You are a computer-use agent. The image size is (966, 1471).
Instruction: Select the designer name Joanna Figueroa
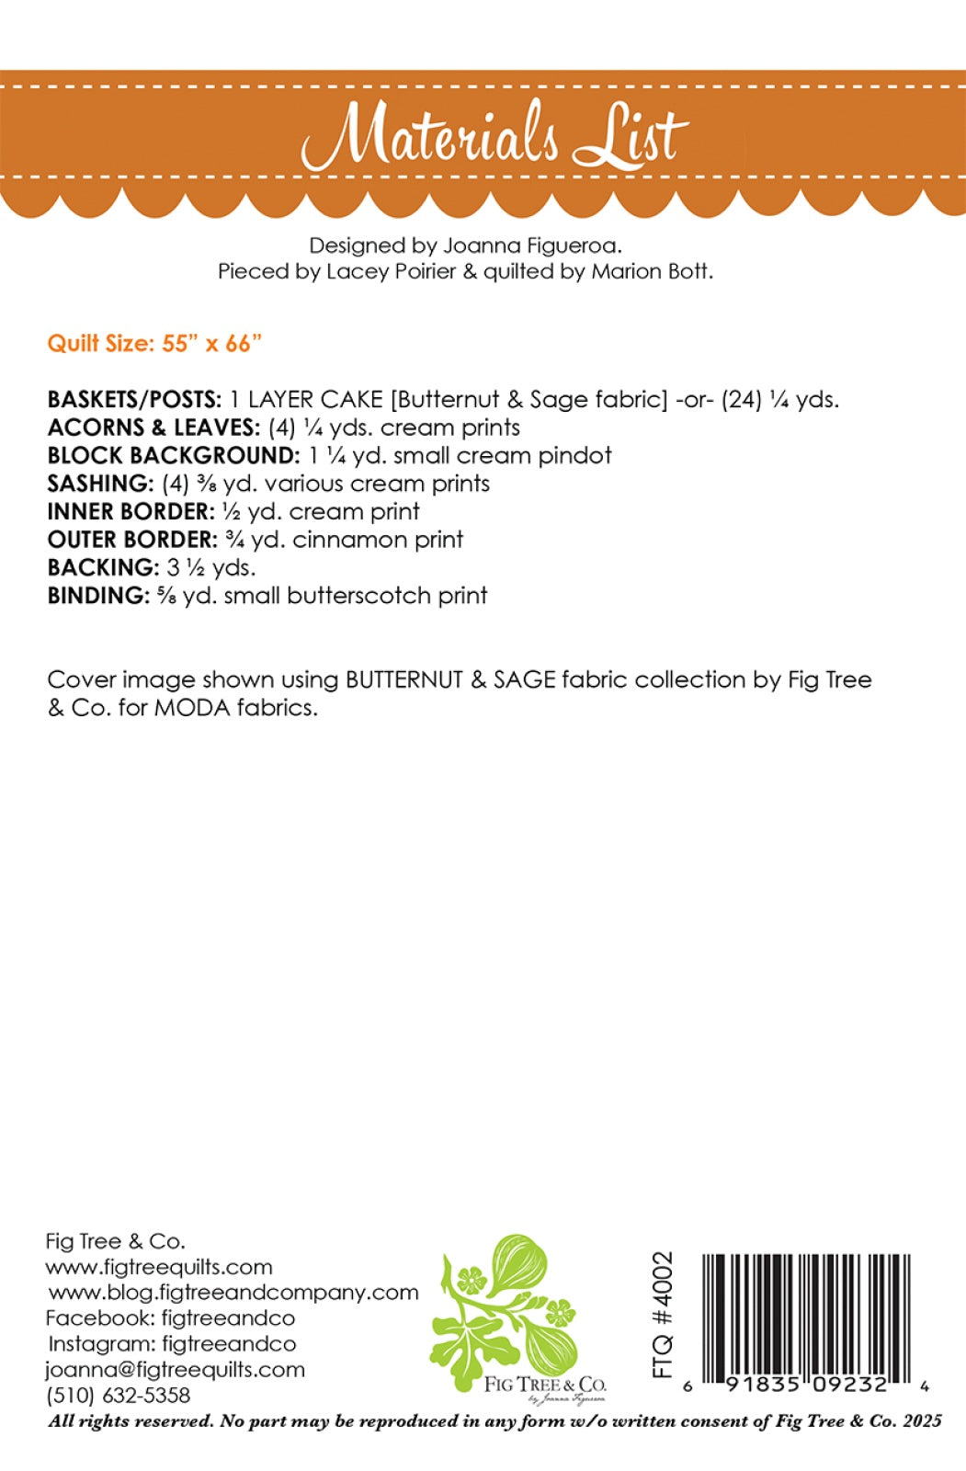click(x=532, y=245)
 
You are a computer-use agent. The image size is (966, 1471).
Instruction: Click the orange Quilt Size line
click(x=154, y=343)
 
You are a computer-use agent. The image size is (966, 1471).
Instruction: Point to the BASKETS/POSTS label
click(x=134, y=400)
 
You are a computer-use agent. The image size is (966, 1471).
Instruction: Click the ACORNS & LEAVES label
click(x=153, y=428)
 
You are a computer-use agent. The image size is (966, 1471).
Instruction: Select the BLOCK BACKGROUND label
click(x=173, y=456)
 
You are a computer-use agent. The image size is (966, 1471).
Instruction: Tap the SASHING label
click(x=100, y=484)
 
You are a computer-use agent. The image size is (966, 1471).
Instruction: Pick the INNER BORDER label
click(x=131, y=512)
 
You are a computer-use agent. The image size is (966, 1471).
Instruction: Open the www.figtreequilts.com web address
click(x=159, y=1267)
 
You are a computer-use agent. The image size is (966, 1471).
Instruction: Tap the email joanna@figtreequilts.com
click(x=175, y=1369)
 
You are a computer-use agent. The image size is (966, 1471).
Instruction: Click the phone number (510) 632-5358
click(x=118, y=1395)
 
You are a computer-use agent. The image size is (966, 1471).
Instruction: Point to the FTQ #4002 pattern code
click(x=663, y=1314)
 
